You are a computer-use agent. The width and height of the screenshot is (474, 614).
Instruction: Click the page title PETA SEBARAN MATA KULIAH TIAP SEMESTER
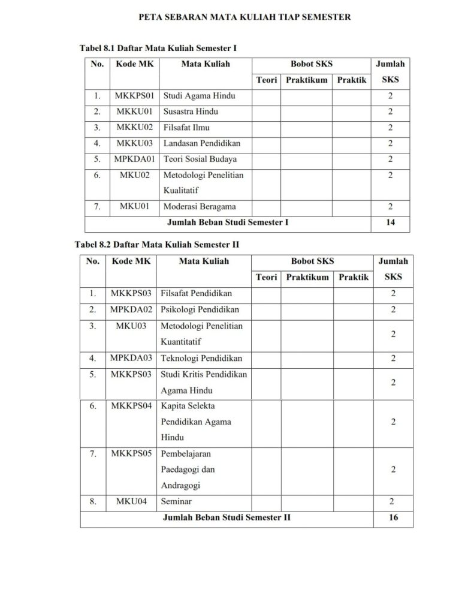coord(244,17)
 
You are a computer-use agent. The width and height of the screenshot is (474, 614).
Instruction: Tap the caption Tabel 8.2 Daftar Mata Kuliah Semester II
coord(157,245)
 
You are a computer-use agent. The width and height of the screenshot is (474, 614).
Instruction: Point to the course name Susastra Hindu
coord(191,112)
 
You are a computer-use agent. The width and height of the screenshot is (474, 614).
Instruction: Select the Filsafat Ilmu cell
coord(186,127)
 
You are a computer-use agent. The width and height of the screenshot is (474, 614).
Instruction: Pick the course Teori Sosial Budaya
coord(200,159)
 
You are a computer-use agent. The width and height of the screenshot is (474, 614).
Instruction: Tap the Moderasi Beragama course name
coord(200,206)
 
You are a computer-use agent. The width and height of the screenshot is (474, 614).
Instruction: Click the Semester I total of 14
coord(390,222)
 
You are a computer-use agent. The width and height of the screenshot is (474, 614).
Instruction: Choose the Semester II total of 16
coord(393,517)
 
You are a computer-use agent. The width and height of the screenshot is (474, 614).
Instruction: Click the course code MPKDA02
coord(131,309)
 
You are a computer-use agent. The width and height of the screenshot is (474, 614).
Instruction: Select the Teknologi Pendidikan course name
coord(201,358)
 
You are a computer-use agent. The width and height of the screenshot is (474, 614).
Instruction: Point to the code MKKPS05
coord(131,454)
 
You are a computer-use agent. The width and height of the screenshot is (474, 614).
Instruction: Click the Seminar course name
coord(176,501)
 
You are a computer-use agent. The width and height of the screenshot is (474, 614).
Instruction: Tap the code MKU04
coord(131,501)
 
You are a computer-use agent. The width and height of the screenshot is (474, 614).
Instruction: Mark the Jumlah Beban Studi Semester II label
coord(227,517)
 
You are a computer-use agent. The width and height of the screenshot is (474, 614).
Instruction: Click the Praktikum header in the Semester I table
coord(306,80)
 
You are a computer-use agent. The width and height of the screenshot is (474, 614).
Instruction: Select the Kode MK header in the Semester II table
coord(131,261)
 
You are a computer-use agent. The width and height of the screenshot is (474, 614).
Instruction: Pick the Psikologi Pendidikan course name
coord(200,309)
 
